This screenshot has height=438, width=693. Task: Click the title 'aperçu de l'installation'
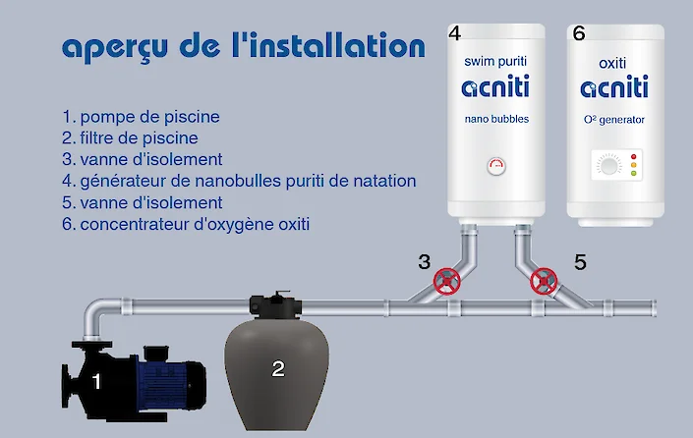243,47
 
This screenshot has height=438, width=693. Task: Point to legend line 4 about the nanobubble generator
239,181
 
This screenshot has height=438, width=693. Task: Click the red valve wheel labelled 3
447,283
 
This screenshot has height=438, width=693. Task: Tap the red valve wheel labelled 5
543,283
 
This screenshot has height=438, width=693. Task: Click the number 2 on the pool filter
278,369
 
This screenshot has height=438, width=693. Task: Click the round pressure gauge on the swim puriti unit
496,167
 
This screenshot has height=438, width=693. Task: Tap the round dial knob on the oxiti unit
606,167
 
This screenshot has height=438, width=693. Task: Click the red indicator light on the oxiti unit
633,156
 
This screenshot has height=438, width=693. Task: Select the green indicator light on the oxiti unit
633,175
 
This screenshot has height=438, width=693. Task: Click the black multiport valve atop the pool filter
267,303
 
